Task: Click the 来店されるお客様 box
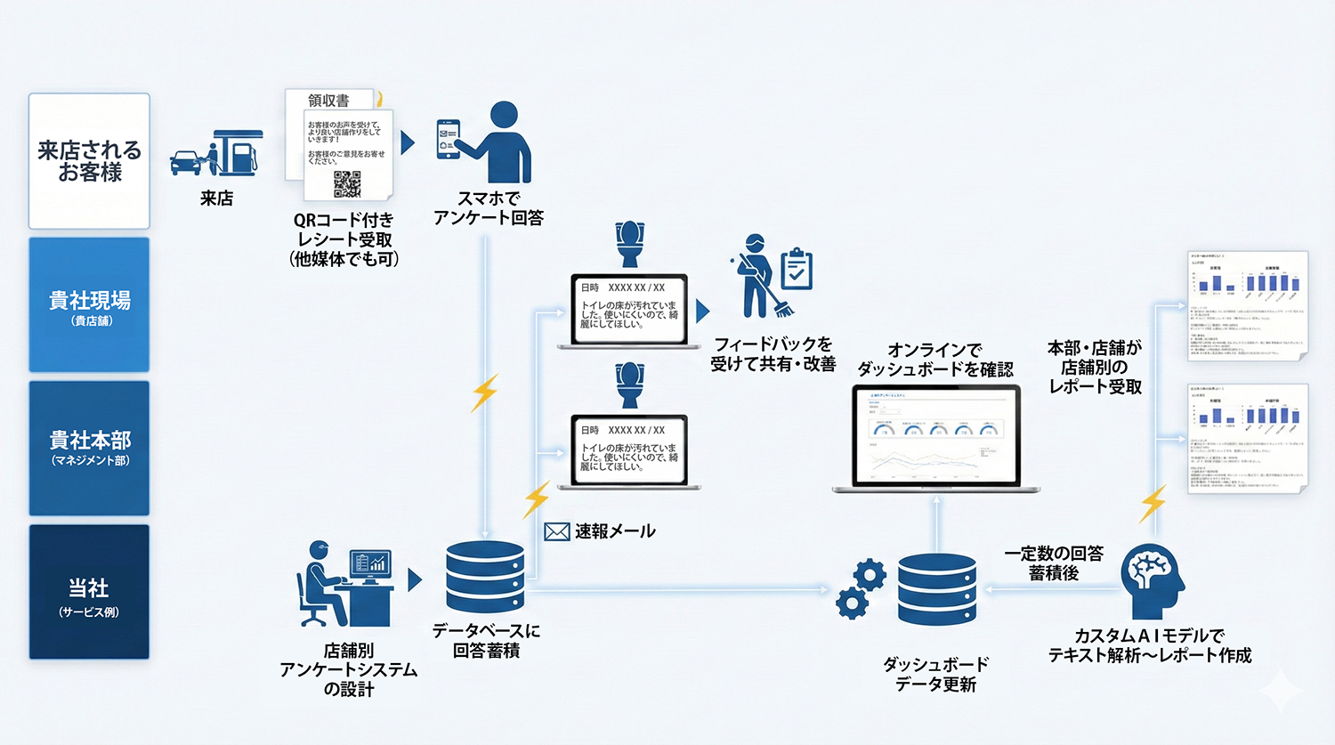click(89, 161)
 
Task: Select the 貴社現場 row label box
click(89, 305)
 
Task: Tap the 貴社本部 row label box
click(89, 448)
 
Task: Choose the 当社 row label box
click(89, 592)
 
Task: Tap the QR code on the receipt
click(347, 183)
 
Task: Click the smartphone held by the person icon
click(449, 140)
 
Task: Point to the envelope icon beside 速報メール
click(557, 531)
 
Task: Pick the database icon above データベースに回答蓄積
click(485, 576)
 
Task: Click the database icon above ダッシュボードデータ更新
click(936, 589)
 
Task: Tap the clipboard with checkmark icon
click(797, 270)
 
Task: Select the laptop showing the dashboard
click(936, 438)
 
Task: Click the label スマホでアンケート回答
click(488, 208)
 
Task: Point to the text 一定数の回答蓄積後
click(1054, 563)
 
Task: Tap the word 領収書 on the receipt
click(328, 101)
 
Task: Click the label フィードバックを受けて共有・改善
click(773, 353)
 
